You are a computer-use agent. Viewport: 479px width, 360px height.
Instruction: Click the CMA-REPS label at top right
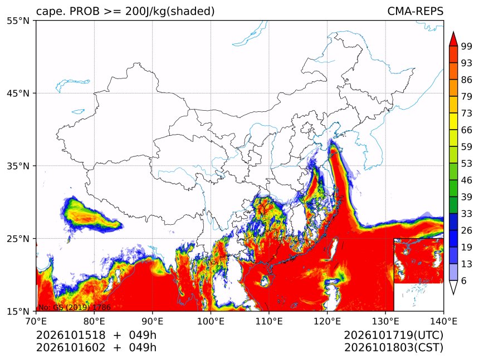click(415, 11)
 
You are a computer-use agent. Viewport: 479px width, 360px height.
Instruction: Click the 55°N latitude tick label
click(18, 21)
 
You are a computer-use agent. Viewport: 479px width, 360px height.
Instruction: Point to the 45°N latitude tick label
click(18, 93)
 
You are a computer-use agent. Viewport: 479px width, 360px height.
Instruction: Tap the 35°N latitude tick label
click(18, 166)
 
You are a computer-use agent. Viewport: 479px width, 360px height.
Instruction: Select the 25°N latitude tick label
click(18, 239)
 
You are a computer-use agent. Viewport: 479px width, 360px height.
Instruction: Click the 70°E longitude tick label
click(36, 321)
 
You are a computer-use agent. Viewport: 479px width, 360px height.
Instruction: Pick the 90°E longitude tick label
click(153, 321)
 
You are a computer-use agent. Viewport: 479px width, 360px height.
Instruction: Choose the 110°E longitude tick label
click(269, 321)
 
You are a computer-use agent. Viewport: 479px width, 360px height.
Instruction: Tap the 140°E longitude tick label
click(443, 321)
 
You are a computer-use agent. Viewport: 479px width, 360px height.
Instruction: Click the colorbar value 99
click(467, 46)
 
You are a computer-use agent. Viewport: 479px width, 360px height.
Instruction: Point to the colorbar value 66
click(467, 130)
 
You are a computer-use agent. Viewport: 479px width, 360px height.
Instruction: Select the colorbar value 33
click(467, 214)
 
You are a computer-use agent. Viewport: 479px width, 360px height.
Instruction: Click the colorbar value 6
click(464, 280)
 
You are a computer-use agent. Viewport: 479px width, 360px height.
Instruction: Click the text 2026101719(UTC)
click(393, 336)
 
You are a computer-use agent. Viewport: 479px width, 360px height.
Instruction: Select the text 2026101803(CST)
click(393, 348)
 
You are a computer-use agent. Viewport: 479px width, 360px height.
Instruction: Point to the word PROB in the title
click(85, 11)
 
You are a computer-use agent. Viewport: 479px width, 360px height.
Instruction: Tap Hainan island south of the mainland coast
click(265, 280)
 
